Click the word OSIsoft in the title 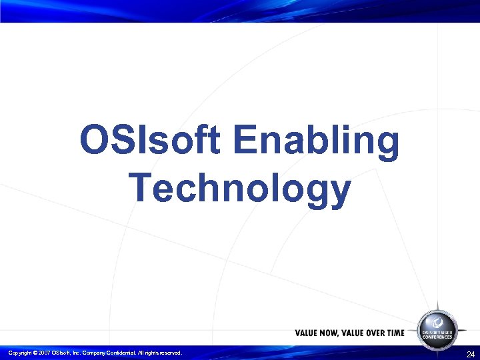[x=151, y=141]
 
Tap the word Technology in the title [x=240, y=187]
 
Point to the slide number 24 [x=471, y=354]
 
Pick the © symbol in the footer [x=35, y=353]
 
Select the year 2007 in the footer [x=44, y=353]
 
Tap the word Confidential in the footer [x=119, y=353]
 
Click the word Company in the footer [x=93, y=353]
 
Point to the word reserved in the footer [x=168, y=353]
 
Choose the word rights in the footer [x=148, y=353]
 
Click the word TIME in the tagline [x=395, y=333]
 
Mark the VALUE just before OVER [x=351, y=333]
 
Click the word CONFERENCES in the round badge [x=437, y=337]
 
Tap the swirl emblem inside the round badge [x=437, y=321]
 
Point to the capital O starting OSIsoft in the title [x=92, y=141]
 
